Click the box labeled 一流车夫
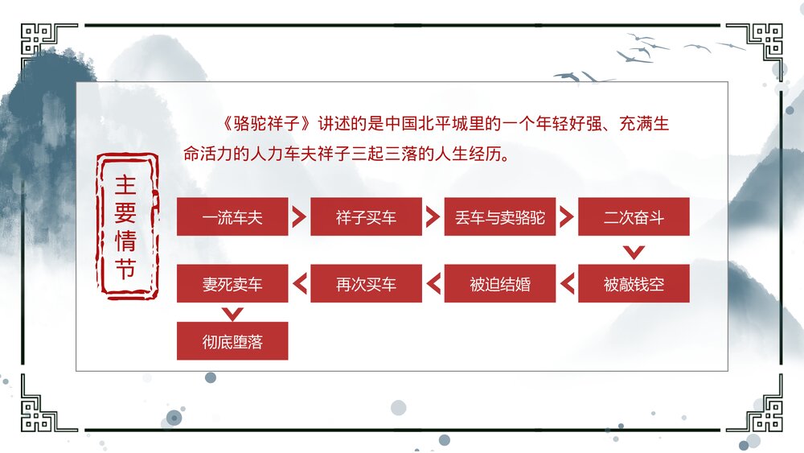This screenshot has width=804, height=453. coord(232,217)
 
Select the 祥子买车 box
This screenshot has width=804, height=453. coord(366,217)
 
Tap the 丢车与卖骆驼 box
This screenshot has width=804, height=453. coord(499,217)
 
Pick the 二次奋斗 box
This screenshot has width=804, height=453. coord(634,217)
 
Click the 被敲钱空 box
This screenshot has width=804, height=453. coord(634,284)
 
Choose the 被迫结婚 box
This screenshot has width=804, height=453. coord(499,284)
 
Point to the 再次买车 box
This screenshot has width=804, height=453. coord(366,284)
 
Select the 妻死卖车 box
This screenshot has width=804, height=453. coord(232,284)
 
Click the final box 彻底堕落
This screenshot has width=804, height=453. coord(232,341)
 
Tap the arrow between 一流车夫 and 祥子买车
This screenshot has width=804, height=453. coord(299,217)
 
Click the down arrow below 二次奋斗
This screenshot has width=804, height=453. coord(634,253)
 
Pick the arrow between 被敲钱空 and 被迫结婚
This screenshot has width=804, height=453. coord(567,284)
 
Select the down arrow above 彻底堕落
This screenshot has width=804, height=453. coord(232,312)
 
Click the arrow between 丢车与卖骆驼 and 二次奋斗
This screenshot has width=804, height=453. coord(567,217)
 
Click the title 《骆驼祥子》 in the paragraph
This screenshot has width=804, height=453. coord(263,125)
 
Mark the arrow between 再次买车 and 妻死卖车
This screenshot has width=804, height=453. coord(299,284)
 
